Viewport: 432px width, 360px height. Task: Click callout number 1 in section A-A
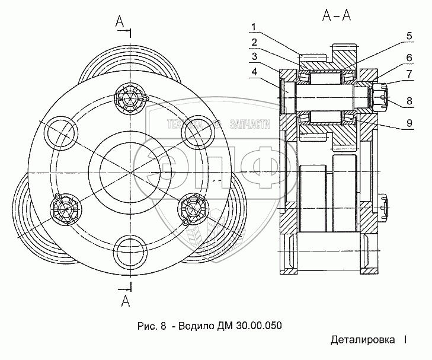(x=254, y=27)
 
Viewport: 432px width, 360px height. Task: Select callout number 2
(x=254, y=42)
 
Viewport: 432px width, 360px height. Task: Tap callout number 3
(x=254, y=56)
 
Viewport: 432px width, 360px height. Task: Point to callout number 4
(x=254, y=72)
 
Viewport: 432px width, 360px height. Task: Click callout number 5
(x=409, y=36)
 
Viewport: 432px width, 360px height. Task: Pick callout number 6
(x=409, y=58)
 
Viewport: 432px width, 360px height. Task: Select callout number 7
(x=409, y=74)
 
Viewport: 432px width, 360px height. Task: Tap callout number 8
(x=409, y=101)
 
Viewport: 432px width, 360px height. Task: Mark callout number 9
(x=409, y=123)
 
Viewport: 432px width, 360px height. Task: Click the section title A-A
(x=337, y=15)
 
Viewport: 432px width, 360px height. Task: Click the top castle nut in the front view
(x=130, y=97)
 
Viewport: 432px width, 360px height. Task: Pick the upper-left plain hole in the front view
(x=60, y=133)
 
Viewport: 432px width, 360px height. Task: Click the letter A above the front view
(x=120, y=21)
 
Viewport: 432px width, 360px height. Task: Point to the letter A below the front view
(x=126, y=301)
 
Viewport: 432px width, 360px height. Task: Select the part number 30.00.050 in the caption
(x=259, y=326)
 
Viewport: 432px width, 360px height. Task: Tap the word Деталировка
(x=363, y=340)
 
